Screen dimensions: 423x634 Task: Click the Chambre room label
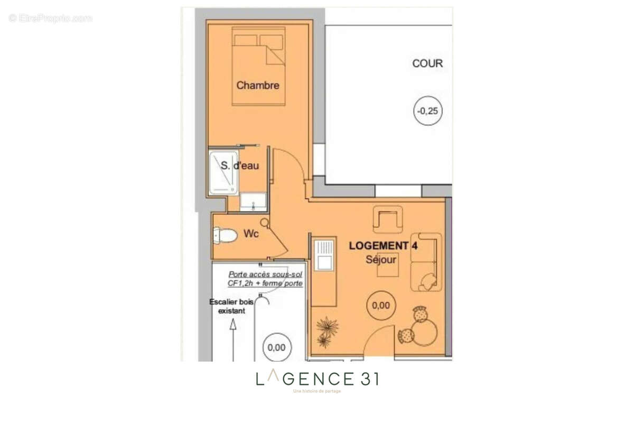coord(257,85)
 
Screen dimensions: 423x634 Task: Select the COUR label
coord(427,63)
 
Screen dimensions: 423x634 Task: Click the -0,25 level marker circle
coord(427,112)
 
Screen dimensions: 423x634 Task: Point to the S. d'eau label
coord(240,165)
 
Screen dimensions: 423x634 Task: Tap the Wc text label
coord(251,234)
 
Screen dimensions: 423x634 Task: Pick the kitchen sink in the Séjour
coord(323,253)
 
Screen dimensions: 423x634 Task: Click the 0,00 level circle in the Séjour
coord(381,305)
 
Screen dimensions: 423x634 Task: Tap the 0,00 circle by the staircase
coord(276,347)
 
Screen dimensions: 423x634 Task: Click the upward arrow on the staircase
coord(232,338)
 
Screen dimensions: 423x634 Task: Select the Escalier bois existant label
coord(231,307)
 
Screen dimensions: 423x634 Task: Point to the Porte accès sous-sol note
coord(265,279)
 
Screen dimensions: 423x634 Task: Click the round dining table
coord(424,332)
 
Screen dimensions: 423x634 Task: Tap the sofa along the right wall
coord(426,262)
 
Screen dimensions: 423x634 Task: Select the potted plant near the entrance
coord(326,331)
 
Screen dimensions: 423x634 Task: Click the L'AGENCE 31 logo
coord(317,379)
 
